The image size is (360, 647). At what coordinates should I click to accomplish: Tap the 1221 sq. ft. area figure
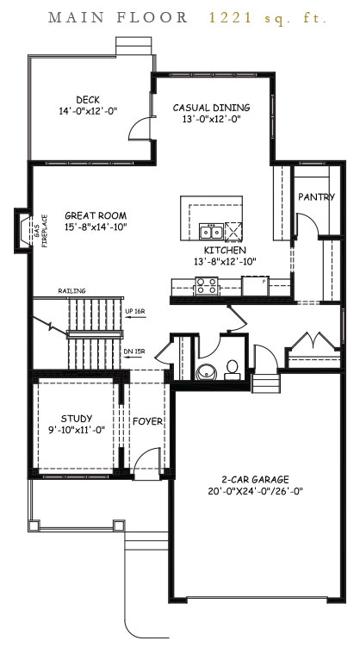click(x=268, y=17)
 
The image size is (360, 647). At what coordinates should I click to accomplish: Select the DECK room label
click(x=88, y=99)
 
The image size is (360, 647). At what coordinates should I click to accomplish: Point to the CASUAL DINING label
click(x=211, y=108)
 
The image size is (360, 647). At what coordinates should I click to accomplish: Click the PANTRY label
click(x=316, y=197)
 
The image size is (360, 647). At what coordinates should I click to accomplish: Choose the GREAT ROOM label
click(x=96, y=215)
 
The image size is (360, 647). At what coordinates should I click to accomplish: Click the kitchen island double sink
click(x=208, y=232)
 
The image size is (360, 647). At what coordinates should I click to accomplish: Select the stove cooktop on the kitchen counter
click(x=207, y=284)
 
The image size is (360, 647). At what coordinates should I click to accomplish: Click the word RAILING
click(x=71, y=291)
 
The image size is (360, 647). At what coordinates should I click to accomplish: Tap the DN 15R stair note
click(x=135, y=351)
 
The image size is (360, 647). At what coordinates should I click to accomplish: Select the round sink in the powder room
click(x=207, y=373)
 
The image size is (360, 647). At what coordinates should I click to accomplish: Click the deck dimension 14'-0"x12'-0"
click(x=88, y=111)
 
